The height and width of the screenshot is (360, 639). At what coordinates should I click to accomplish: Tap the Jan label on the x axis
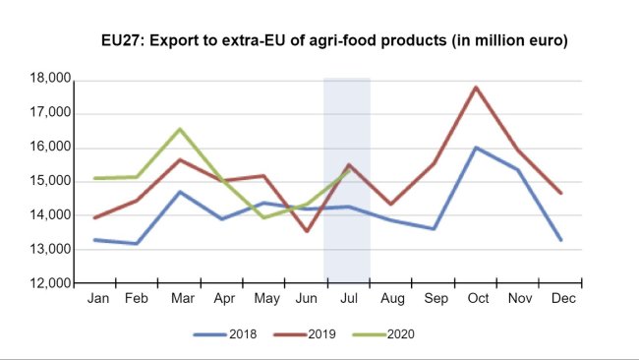coord(97,298)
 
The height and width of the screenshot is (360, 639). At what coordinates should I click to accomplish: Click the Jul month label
coord(347,298)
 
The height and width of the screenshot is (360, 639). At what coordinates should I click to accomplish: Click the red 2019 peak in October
coord(476,87)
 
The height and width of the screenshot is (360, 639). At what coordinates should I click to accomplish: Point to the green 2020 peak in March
coord(180,129)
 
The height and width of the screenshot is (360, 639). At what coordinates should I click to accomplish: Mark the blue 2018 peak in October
coord(476,148)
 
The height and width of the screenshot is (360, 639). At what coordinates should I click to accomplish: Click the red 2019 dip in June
coord(307,231)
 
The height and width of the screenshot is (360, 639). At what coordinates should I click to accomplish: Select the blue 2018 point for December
coord(560,240)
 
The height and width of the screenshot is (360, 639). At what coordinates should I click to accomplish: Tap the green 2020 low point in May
coord(264,217)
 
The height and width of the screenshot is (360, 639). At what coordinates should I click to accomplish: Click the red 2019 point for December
coord(560,193)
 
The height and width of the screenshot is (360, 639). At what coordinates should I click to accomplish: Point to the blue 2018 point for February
coord(138,243)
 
